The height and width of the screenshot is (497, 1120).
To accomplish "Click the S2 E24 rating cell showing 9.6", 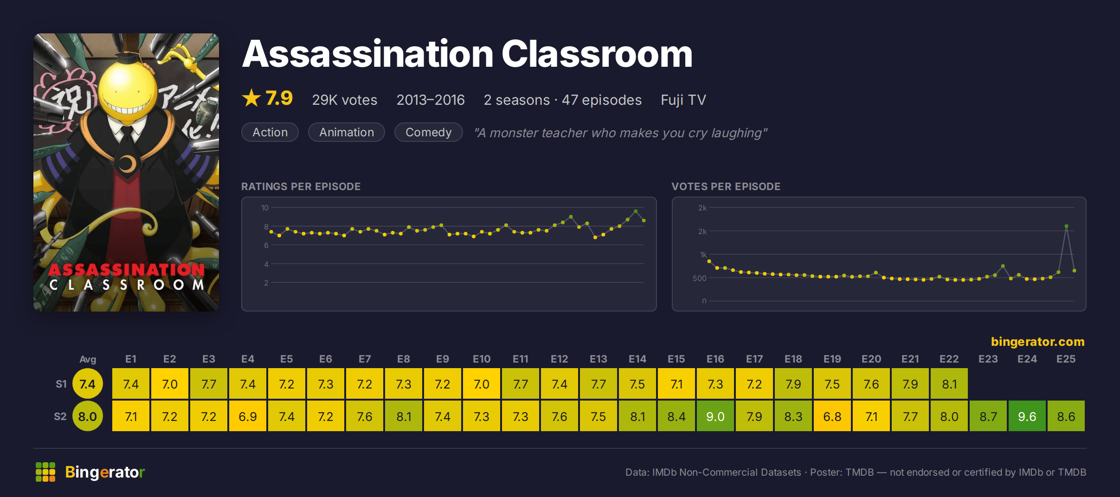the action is tap(1027, 416).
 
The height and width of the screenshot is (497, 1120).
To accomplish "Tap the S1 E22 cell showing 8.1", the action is tap(949, 384).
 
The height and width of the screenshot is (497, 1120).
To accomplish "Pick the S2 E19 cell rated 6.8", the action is tap(832, 416).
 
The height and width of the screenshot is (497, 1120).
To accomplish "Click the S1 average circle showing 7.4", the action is tap(88, 384).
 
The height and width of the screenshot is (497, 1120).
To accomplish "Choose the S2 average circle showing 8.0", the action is tap(88, 416).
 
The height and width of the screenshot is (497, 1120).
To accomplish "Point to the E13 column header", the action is tap(598, 359).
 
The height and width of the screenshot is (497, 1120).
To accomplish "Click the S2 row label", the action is tap(60, 416).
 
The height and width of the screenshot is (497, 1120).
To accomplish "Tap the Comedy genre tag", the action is tap(428, 132).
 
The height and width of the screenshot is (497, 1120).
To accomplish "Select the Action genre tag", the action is tap(270, 132).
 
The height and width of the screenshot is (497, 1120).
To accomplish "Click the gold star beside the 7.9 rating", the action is tap(251, 98).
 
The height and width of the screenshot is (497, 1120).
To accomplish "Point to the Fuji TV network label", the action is tap(683, 100).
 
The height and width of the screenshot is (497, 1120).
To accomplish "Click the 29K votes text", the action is tap(344, 100).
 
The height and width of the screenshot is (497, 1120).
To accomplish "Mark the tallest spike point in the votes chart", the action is tap(1066, 226).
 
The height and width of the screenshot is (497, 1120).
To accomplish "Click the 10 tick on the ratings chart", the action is tap(264, 208).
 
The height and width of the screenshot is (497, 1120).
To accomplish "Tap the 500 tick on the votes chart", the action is tap(699, 278).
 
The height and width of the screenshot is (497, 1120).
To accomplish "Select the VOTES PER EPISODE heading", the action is tap(726, 186).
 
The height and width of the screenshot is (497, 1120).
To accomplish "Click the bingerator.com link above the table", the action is tap(1037, 342).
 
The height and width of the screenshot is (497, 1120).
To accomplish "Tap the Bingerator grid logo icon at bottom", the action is tap(45, 472).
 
